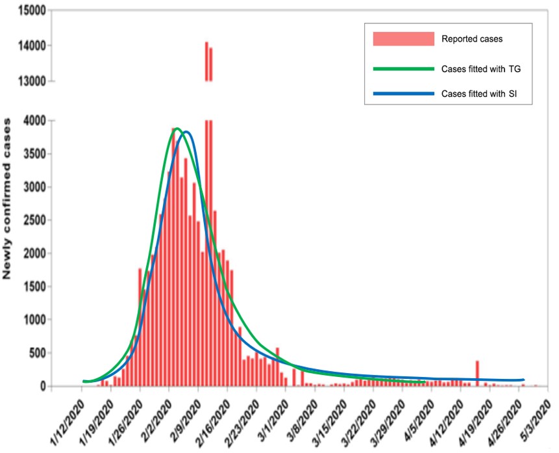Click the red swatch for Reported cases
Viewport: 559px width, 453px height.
pos(403,39)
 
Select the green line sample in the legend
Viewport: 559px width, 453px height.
pos(403,68)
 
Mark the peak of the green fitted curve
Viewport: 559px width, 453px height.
pos(177,129)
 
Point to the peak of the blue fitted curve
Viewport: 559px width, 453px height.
pos(187,132)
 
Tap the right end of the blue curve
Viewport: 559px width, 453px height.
pos(523,380)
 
